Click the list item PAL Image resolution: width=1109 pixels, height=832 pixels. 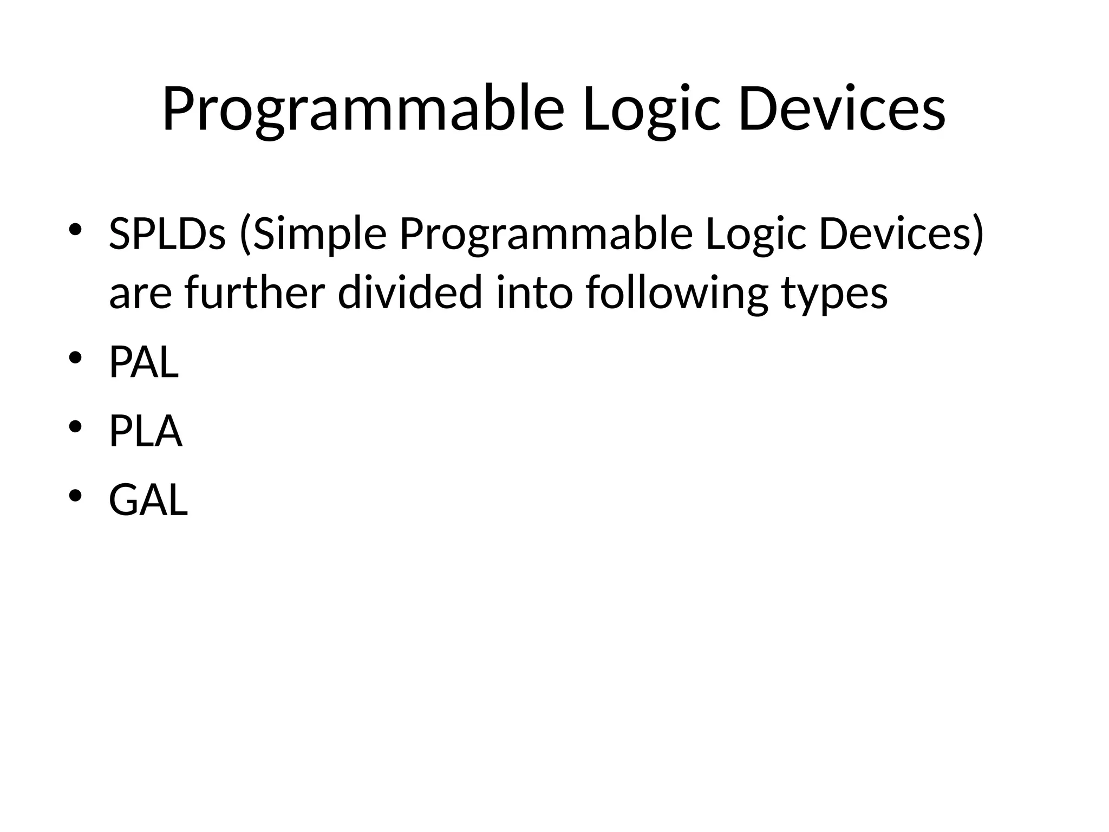pos(143,362)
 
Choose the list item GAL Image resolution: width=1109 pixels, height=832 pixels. pos(148,500)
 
